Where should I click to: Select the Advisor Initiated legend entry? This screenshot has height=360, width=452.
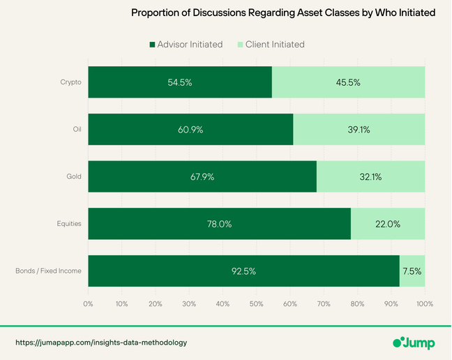pyautogui.click(x=186, y=45)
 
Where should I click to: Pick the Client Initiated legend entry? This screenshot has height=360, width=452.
pyautogui.click(x=271, y=45)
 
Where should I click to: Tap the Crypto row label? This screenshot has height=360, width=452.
pyautogui.click(x=71, y=82)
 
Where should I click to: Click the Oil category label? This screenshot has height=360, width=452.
pyautogui.click(x=77, y=129)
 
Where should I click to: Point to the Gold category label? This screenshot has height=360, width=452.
pyautogui.click(x=74, y=177)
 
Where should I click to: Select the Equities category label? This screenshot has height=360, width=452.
pyautogui.click(x=69, y=224)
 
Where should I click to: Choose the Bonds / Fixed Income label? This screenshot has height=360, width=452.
pyautogui.click(x=49, y=271)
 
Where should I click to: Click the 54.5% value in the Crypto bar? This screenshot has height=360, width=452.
pyautogui.click(x=179, y=82)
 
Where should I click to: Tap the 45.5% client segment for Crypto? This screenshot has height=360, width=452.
pyautogui.click(x=347, y=82)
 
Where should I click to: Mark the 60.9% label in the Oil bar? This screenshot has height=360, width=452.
pyautogui.click(x=190, y=129)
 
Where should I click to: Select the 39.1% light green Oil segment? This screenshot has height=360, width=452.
pyautogui.click(x=359, y=129)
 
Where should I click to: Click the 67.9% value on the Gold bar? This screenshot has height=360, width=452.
pyautogui.click(x=202, y=177)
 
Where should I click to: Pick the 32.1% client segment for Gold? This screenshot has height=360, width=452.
pyautogui.click(x=370, y=177)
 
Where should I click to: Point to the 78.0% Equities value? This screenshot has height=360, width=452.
pyautogui.click(x=219, y=224)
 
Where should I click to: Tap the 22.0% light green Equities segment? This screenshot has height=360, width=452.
pyautogui.click(x=388, y=224)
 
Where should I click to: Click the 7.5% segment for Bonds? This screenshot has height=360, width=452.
pyautogui.click(x=412, y=271)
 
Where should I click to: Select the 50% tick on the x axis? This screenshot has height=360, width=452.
pyautogui.click(x=256, y=304)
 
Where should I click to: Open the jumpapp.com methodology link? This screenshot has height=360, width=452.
pyautogui.click(x=101, y=343)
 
